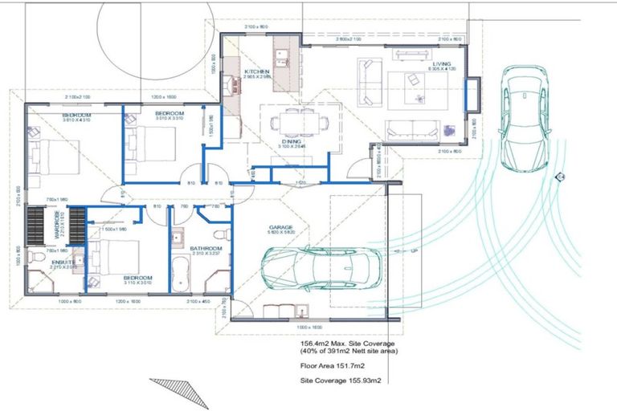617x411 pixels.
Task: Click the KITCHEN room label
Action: (257, 72)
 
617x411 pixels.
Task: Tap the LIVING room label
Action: (441, 63)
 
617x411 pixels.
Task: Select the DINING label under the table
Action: (292, 141)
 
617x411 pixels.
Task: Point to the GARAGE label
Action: (280, 228)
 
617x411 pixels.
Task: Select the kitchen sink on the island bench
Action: (283, 58)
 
